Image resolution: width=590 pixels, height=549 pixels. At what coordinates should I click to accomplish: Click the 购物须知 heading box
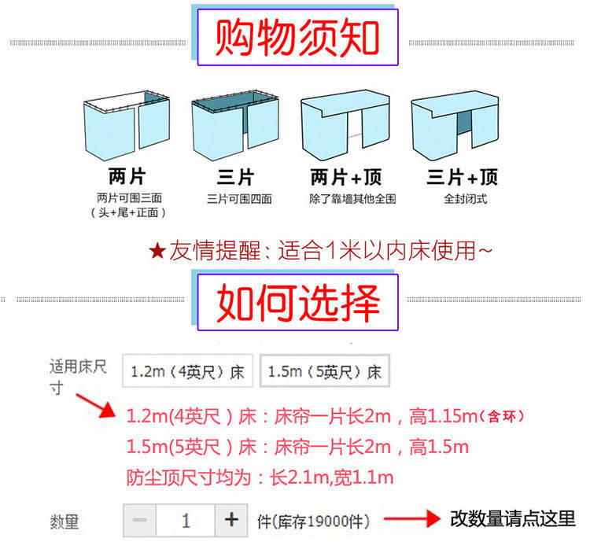click(x=297, y=36)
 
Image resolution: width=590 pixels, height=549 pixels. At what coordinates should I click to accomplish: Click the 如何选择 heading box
click(x=297, y=301)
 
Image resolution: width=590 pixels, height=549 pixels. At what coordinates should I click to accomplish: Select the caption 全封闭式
click(x=464, y=199)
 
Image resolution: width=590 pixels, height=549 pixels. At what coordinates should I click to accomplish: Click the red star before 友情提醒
click(x=157, y=252)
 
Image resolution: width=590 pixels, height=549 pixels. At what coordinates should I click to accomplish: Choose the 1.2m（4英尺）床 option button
click(x=187, y=371)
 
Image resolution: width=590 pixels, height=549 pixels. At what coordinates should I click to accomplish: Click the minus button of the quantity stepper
click(x=139, y=520)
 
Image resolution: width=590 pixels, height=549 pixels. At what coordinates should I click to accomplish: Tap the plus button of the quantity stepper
click(x=231, y=520)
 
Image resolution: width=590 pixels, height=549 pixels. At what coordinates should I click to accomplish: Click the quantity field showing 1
click(x=186, y=520)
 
